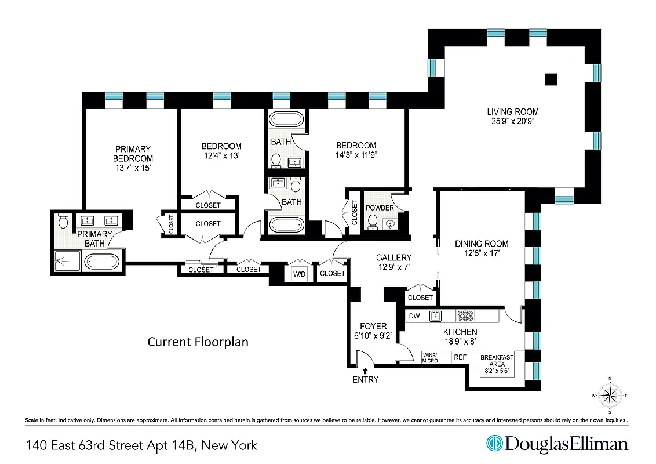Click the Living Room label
[x=512, y=112]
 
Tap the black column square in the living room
[x=551, y=79]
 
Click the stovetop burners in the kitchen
[x=465, y=316]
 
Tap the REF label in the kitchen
[x=460, y=358]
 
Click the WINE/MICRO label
[x=429, y=358]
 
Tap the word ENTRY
[x=365, y=380]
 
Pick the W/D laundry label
[x=300, y=273]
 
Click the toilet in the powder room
[x=373, y=222]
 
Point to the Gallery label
[x=393, y=258]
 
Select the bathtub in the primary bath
[x=103, y=262]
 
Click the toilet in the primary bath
[x=63, y=220]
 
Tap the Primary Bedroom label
[x=133, y=154]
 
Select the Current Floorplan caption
[x=198, y=342]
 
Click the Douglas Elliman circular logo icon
[x=494, y=444]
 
